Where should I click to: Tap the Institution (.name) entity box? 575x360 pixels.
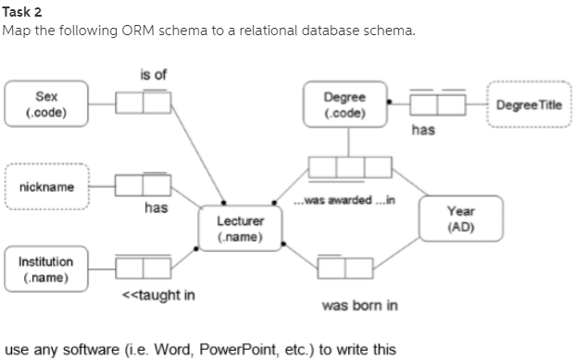[x=45, y=267]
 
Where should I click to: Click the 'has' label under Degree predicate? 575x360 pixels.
[x=422, y=130]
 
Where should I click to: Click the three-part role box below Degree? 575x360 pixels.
[x=350, y=167]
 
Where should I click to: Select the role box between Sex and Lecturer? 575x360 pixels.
[x=143, y=103]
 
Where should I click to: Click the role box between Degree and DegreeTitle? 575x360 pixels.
[x=437, y=104]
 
